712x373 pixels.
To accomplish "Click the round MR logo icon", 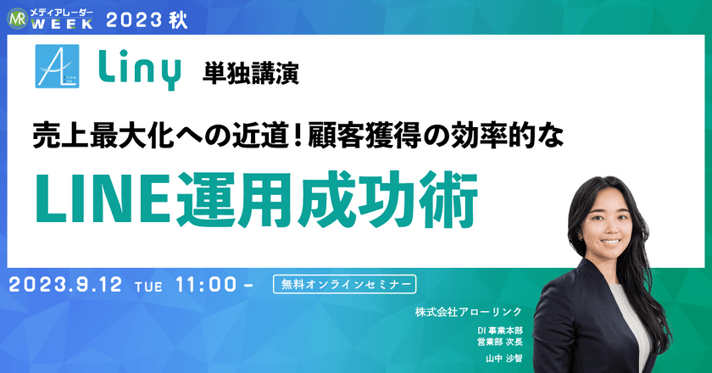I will (14, 16).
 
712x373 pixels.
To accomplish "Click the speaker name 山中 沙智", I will (504, 359).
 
